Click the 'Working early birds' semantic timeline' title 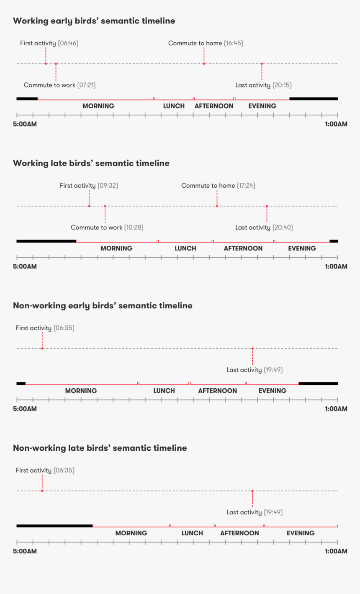[94, 21]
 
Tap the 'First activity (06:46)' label [49, 43]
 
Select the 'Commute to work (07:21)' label [59, 85]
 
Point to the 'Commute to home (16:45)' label [206, 43]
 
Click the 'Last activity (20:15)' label [263, 85]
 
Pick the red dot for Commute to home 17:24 [217, 206]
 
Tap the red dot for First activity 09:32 [89, 206]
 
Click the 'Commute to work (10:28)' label [107, 227]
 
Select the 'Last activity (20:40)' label [264, 227]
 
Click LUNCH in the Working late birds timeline [185, 248]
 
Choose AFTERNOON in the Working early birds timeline [214, 106]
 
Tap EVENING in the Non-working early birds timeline [273, 391]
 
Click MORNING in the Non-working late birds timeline [131, 533]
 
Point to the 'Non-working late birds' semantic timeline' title [100, 448]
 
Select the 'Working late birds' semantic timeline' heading [91, 163]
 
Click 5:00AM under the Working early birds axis [25, 124]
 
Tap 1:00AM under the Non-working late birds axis [336, 551]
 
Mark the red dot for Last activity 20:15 [262, 64]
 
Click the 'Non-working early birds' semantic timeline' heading [103, 306]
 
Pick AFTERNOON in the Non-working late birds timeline [239, 533]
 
